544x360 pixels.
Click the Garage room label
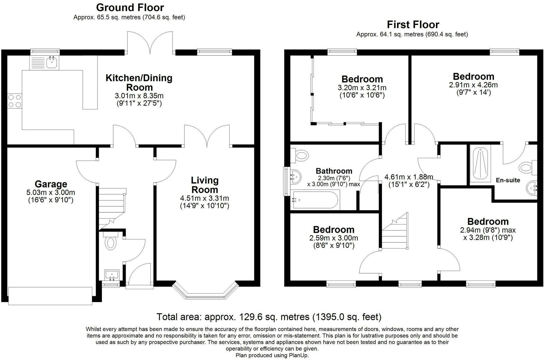51,184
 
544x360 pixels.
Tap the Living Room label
205,185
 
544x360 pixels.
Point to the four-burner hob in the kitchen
15,101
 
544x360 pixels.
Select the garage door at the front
50,296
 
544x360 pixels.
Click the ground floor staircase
112,208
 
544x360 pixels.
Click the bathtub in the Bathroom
315,200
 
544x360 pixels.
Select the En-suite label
508,180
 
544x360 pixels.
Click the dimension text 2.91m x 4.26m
473,85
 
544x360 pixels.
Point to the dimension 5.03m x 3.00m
51,192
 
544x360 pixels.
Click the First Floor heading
413,24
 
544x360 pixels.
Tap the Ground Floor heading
130,7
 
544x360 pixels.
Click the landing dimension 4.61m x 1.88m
409,177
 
